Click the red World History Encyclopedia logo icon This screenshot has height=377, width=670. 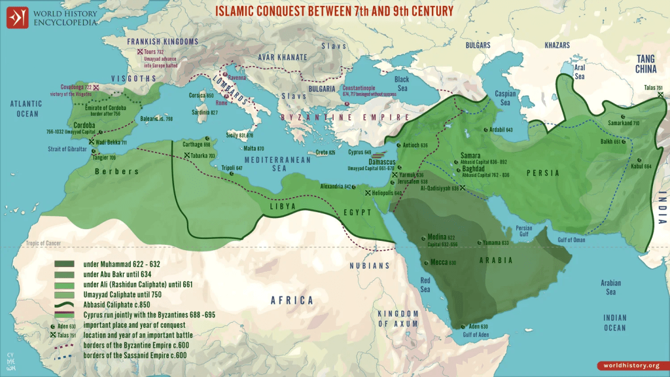tap(18, 18)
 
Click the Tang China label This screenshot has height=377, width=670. tap(650, 64)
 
